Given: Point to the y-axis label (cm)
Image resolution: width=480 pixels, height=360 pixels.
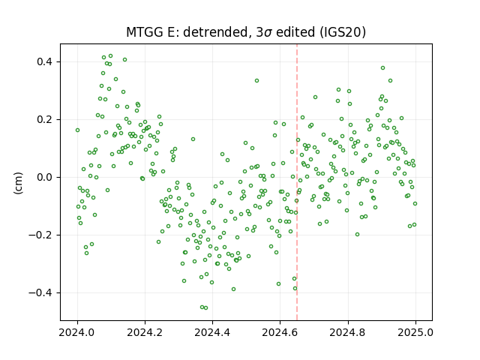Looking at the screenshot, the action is [18, 183].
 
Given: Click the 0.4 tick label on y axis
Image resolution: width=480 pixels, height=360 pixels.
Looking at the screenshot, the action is [45, 61].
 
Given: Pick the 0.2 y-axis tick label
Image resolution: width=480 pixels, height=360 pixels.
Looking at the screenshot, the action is [45, 120].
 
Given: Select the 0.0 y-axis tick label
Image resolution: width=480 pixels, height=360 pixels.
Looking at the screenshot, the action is [45, 177].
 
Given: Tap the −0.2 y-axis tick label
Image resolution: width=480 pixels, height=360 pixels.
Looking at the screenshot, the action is [40, 235].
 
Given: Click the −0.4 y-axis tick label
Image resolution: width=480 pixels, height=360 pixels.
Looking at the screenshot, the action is [40, 293].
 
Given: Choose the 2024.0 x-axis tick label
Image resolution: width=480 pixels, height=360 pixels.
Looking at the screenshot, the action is [77, 332].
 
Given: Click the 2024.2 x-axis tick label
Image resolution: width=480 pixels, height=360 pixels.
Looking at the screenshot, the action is [145, 332].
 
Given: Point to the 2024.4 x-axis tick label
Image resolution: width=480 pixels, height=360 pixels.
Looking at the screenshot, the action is [212, 332].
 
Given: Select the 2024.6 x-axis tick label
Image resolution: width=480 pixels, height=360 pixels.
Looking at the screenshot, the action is [280, 332].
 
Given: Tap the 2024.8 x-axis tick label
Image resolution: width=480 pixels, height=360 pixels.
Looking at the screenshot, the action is [348, 332].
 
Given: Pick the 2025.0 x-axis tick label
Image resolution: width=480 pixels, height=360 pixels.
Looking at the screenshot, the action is [415, 332].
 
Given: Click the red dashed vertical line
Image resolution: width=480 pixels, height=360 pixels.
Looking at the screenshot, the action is [297, 182].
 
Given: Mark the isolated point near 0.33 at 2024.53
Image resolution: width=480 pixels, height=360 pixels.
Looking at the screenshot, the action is [256, 81].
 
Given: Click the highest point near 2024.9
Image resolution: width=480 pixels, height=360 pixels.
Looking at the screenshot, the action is [382, 68].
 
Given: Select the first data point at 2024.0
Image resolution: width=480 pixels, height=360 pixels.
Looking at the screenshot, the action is [77, 130].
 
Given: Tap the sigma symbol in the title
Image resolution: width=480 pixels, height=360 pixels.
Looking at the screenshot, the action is [268, 33].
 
